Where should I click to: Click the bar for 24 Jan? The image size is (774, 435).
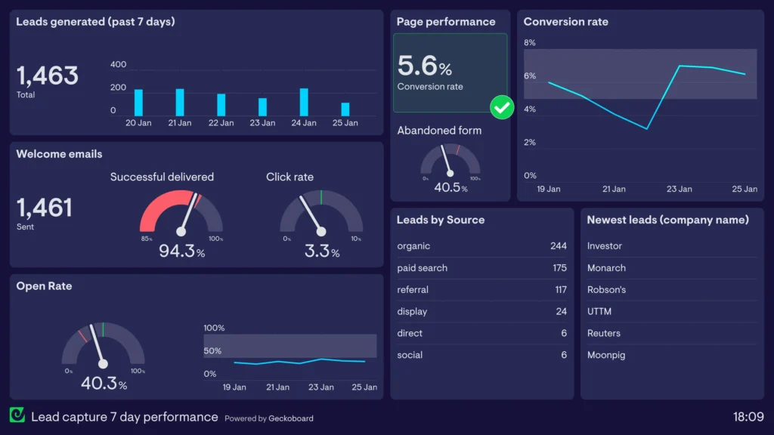point(304,102)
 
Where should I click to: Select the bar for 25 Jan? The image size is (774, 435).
point(345,109)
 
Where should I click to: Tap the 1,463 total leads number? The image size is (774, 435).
point(48,76)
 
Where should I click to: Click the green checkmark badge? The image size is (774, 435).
point(501,107)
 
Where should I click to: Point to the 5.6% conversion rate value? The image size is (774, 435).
point(424,66)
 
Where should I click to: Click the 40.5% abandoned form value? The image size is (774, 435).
point(450,187)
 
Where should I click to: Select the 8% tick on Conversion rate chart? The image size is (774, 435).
point(530,43)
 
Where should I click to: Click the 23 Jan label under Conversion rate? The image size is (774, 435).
point(680,189)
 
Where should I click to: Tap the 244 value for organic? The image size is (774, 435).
point(558,246)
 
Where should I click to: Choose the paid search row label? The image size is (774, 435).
point(422,268)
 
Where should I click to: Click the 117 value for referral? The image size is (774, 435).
point(560,290)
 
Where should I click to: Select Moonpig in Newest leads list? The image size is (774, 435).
point(606,355)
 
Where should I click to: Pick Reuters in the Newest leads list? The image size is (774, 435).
point(604,333)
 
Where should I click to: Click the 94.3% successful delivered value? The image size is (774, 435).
point(181,251)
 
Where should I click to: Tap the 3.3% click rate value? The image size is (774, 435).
point(321,251)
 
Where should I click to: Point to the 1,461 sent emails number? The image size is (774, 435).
point(45,208)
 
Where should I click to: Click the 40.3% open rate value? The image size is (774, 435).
point(104,384)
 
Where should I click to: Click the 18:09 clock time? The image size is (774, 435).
point(748,417)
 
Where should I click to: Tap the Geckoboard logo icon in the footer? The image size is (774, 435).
point(17,415)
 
